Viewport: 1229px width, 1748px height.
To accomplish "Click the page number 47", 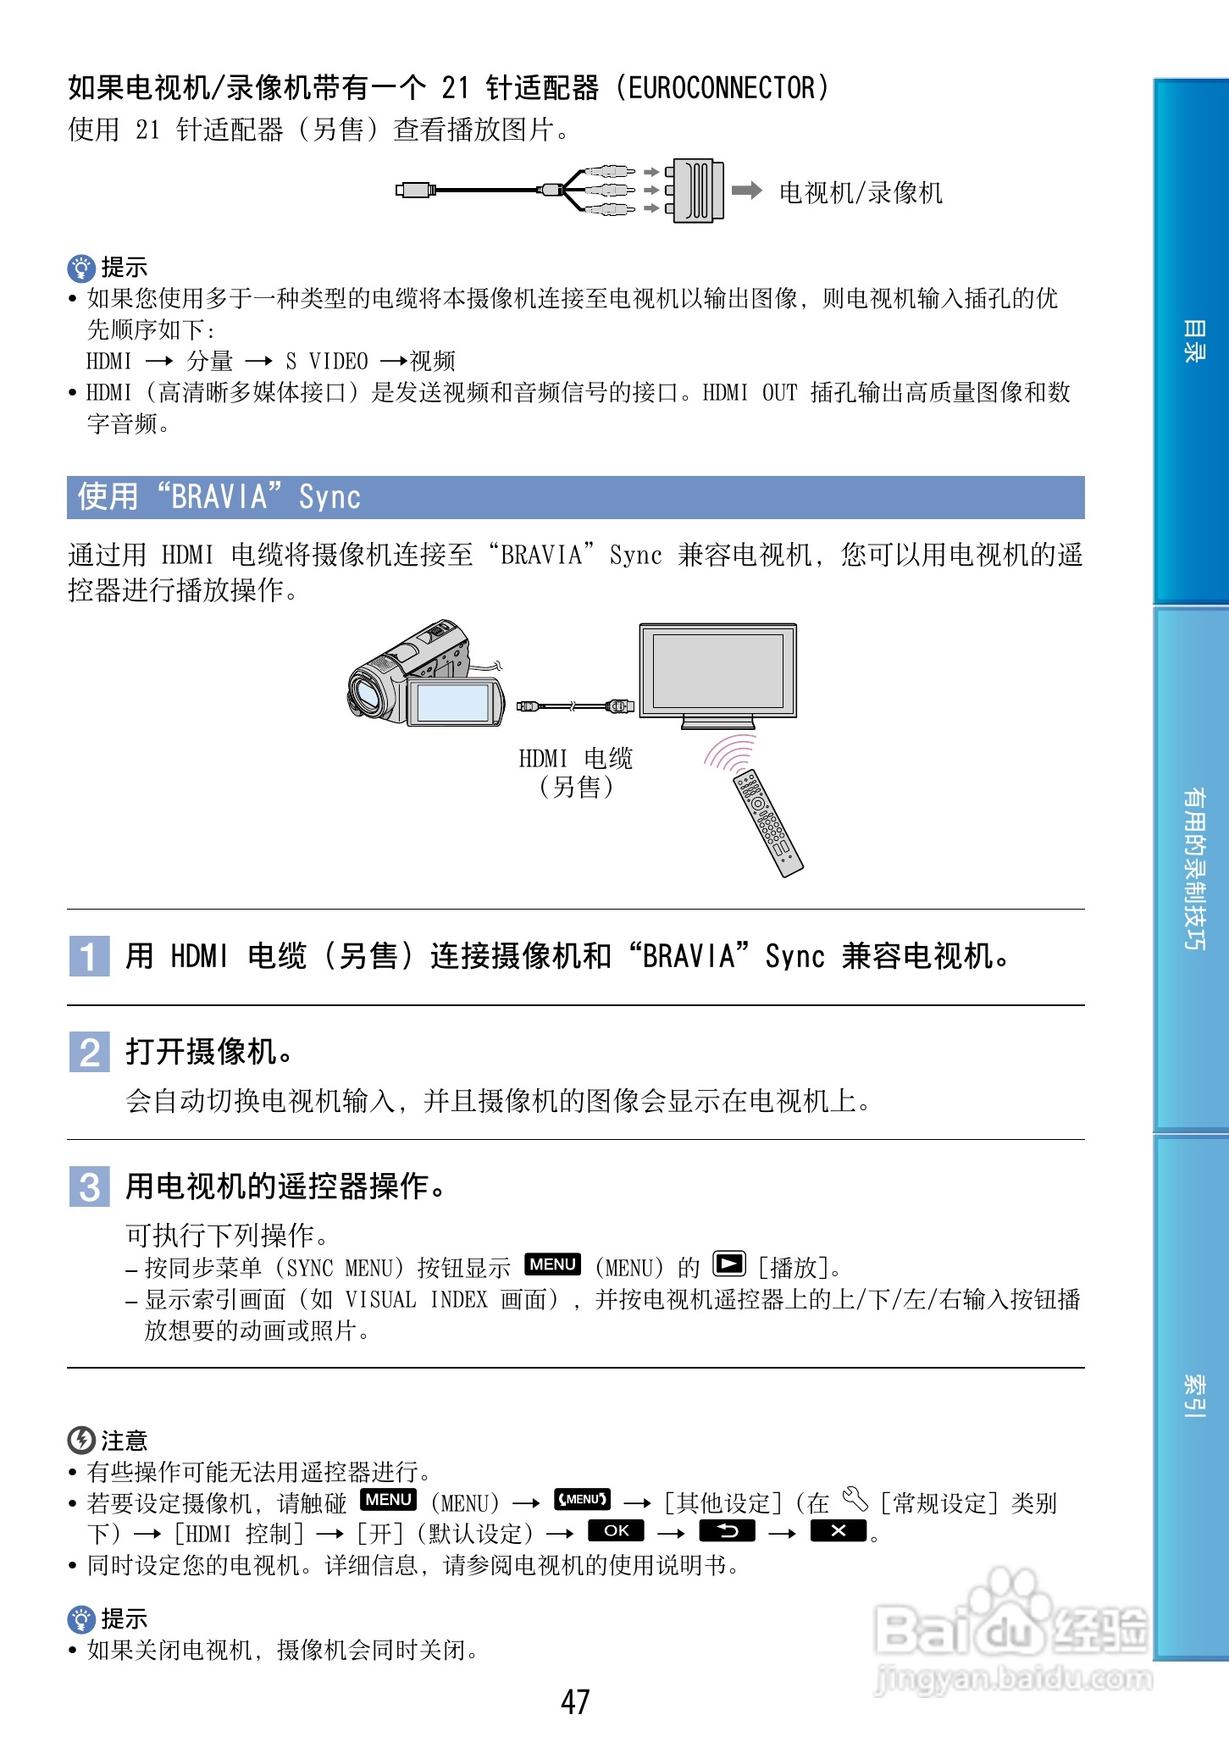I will (x=575, y=1701).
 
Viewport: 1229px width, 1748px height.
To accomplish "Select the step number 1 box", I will (x=89, y=956).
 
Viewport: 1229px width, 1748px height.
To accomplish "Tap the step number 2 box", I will (x=89, y=1053).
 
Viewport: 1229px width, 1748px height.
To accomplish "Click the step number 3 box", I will (x=89, y=1187).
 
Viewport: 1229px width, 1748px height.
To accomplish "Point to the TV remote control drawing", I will (x=767, y=821).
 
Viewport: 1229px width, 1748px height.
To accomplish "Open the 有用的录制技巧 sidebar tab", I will (x=1193, y=868).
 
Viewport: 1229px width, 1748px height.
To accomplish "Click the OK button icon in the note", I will (x=616, y=1531).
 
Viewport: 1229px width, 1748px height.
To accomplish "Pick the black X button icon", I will (x=838, y=1531).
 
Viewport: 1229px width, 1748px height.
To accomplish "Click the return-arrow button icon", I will (x=727, y=1531).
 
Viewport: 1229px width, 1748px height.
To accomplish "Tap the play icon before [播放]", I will (x=728, y=1264).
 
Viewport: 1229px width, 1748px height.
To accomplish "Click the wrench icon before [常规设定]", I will (x=855, y=1500).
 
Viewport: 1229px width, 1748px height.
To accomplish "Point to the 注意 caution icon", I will (x=81, y=1440).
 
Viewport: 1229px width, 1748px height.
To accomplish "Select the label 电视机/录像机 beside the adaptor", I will (x=861, y=193).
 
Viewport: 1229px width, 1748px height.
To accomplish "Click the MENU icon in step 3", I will (x=553, y=1264).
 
